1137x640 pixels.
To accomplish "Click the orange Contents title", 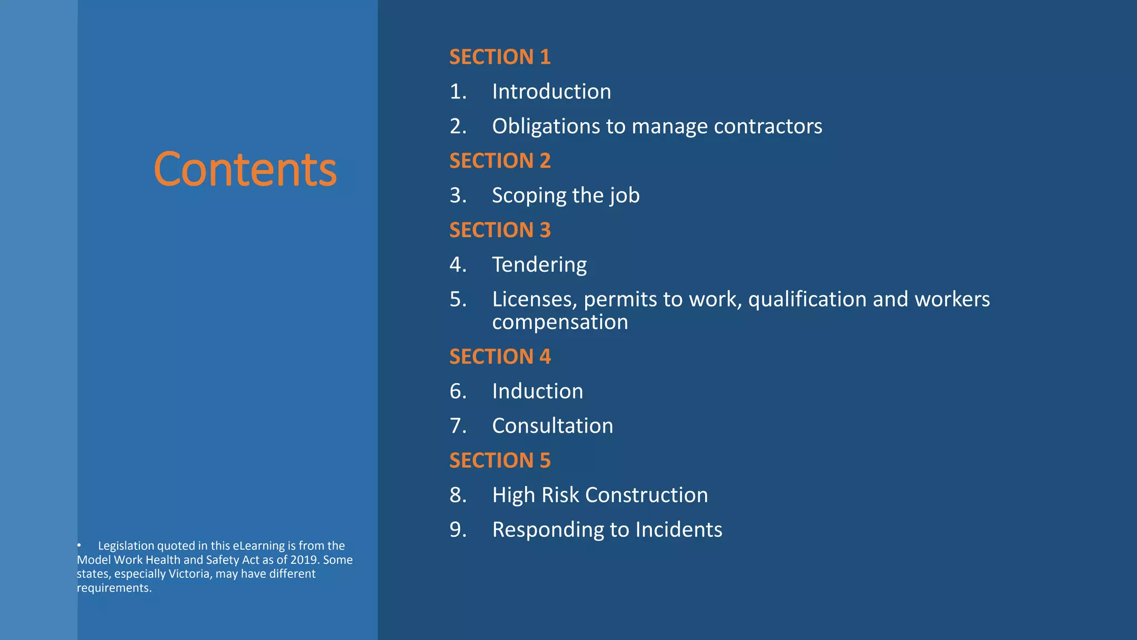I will click(245, 169).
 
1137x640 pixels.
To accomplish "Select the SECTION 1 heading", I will click(500, 57).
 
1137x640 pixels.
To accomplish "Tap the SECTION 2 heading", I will click(500, 161).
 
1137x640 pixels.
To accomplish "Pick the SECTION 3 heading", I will click(500, 230).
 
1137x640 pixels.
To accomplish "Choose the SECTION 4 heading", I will click(500, 357).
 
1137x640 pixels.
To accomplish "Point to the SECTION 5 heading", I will click(500, 461).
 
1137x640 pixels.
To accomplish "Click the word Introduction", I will click(551, 92).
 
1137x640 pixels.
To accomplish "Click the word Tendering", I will click(539, 264).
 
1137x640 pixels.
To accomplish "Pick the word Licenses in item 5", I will click(534, 299).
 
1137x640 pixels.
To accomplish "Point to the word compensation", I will click(560, 322).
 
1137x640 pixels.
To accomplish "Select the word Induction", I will click(537, 391).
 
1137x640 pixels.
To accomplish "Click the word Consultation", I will click(552, 426).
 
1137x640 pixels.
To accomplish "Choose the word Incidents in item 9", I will click(678, 529).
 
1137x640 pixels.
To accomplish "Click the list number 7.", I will click(457, 426).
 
